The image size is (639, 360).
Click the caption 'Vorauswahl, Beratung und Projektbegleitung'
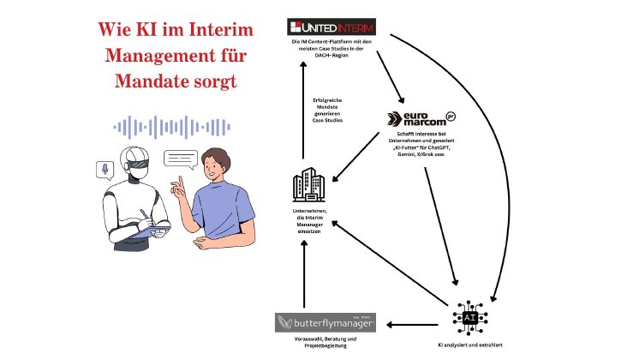click(x=318, y=346)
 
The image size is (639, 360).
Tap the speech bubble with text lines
click(x=181, y=159)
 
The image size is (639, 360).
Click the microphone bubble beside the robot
click(x=105, y=168)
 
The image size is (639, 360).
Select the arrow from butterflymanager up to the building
click(x=303, y=274)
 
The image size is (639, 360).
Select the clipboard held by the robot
click(x=155, y=229)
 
